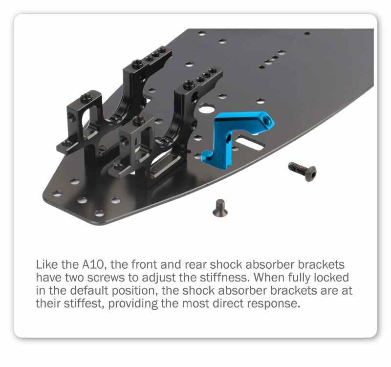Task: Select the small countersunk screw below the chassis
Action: point(220,208)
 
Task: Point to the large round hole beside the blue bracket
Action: point(206,108)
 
